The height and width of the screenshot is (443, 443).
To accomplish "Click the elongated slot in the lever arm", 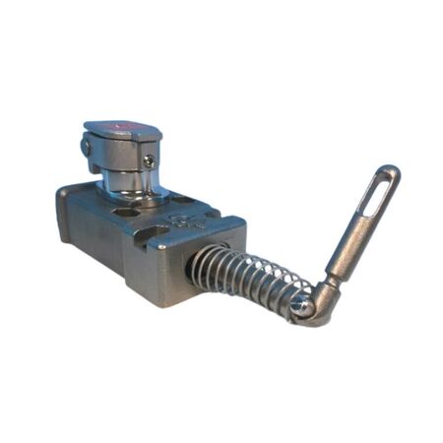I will (x=374, y=201).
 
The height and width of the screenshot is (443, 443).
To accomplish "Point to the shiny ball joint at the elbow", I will (x=307, y=307).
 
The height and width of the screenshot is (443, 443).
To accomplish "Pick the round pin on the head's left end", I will (x=88, y=147).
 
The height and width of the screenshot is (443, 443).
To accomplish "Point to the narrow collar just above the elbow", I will (x=333, y=285).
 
